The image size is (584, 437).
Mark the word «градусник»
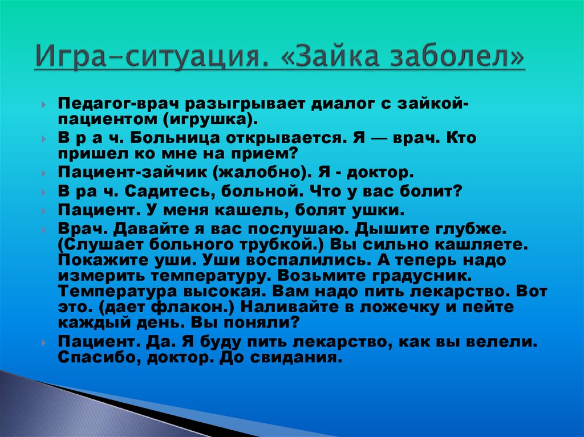coord(421,276)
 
